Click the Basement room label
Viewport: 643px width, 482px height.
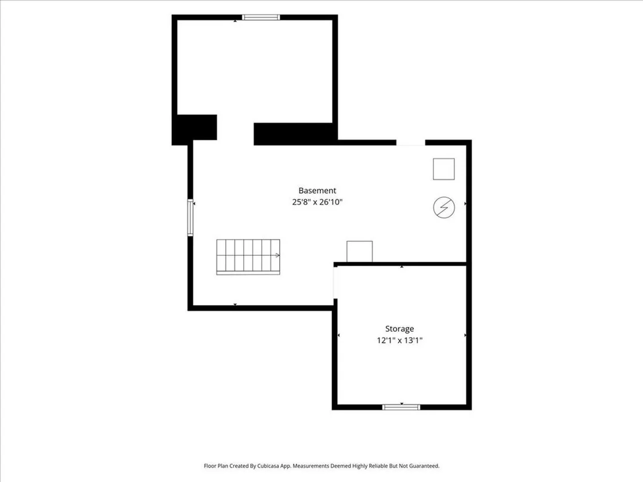click(317, 191)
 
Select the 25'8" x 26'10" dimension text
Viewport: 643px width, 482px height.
click(317, 202)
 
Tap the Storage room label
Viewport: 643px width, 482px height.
click(399, 329)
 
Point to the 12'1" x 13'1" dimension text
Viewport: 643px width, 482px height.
click(399, 340)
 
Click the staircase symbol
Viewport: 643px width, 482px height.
click(248, 257)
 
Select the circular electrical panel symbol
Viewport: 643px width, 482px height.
click(444, 208)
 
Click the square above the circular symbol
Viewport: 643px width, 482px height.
click(444, 169)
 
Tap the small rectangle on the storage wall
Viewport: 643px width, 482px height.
click(360, 251)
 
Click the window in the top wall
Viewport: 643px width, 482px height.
click(261, 17)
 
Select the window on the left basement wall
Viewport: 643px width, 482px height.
click(190, 218)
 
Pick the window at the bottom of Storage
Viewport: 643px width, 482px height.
click(401, 407)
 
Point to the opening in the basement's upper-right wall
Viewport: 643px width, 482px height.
click(410, 143)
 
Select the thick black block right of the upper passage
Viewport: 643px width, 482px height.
click(295, 134)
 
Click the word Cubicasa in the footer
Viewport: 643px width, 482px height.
click(269, 466)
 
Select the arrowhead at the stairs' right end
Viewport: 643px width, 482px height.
click(277, 255)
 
